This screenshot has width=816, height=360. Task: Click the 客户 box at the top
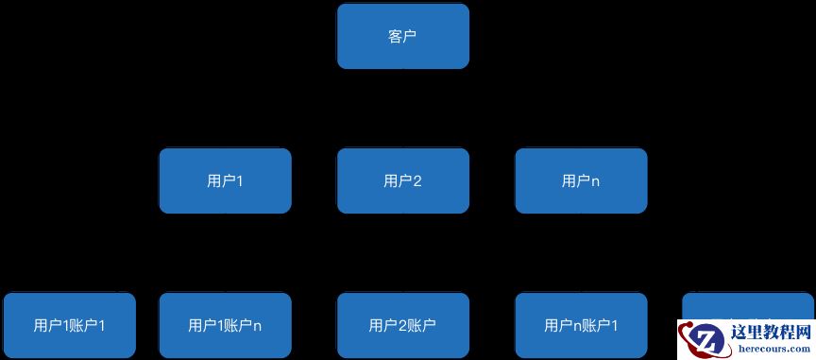pos(402,36)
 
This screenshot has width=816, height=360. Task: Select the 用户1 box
pos(225,180)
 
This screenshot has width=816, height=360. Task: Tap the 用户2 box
pos(402,180)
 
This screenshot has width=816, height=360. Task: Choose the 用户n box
pos(581,180)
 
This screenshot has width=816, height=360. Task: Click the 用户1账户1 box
pos(69,325)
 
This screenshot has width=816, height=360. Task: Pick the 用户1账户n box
pos(225,325)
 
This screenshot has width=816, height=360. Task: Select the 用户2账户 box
pos(402,325)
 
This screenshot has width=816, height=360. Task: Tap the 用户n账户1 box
pos(581,325)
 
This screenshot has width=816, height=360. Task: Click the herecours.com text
pos(772,350)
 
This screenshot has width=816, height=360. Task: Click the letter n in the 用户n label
pos(595,181)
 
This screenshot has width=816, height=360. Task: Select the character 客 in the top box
pos(395,36)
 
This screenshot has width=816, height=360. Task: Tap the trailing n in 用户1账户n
pos(257,327)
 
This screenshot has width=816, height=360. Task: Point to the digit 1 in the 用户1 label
pos(239,180)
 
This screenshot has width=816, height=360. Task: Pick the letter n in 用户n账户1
pos(578,327)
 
